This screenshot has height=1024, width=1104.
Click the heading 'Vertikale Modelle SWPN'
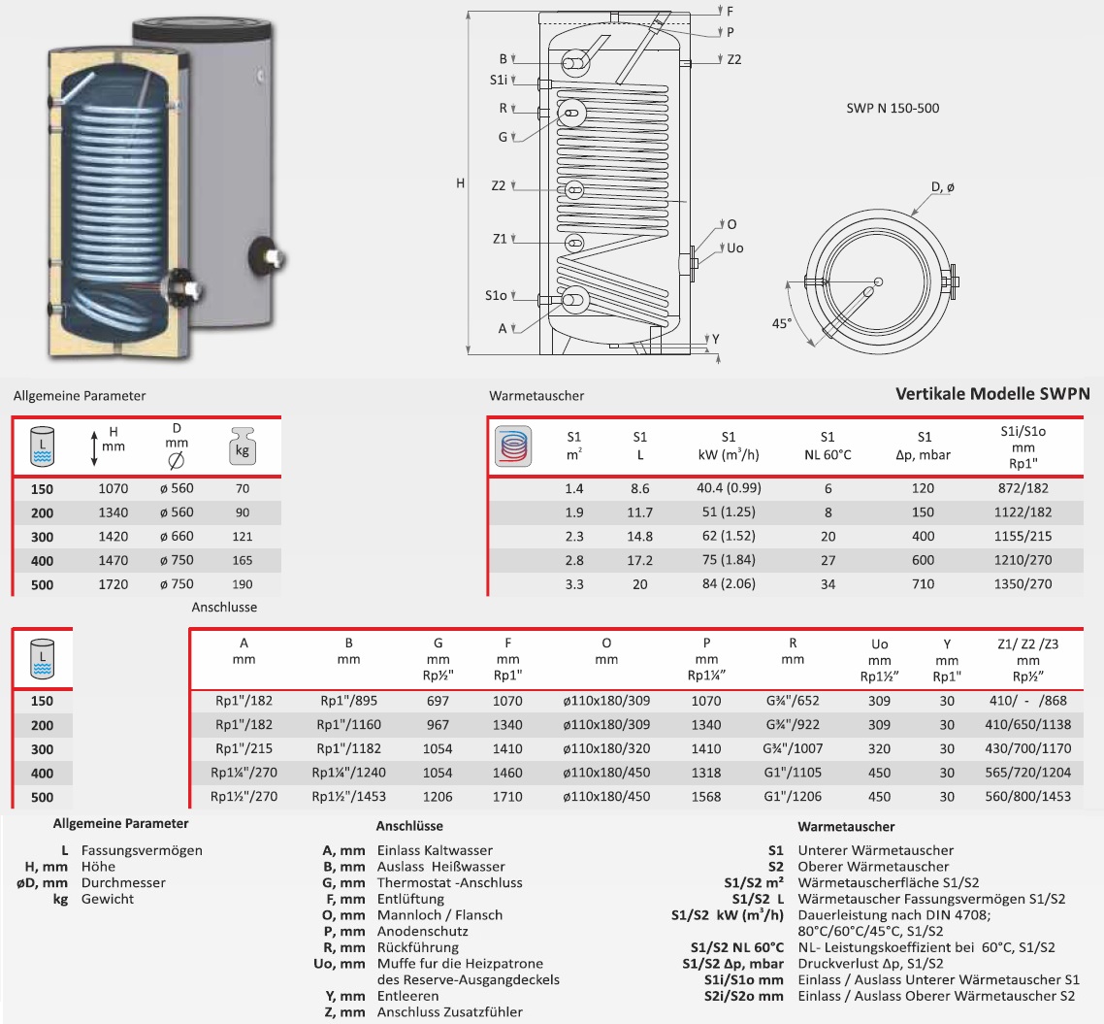pyautogui.click(x=991, y=394)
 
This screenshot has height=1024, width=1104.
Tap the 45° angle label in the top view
pyautogui.click(x=782, y=322)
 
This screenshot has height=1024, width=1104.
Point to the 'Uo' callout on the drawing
pyautogui.click(x=735, y=248)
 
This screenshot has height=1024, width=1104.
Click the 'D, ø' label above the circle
pyautogui.click(x=942, y=186)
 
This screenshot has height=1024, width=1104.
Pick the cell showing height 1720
pyautogui.click(x=114, y=584)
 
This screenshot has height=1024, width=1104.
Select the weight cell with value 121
pyautogui.click(x=243, y=537)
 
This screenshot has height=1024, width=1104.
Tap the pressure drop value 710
pyautogui.click(x=923, y=584)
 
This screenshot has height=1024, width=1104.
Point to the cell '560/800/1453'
pyautogui.click(x=1027, y=797)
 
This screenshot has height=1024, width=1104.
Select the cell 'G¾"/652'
pyautogui.click(x=793, y=701)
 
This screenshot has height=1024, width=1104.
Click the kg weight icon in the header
pyautogui.click(x=243, y=447)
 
